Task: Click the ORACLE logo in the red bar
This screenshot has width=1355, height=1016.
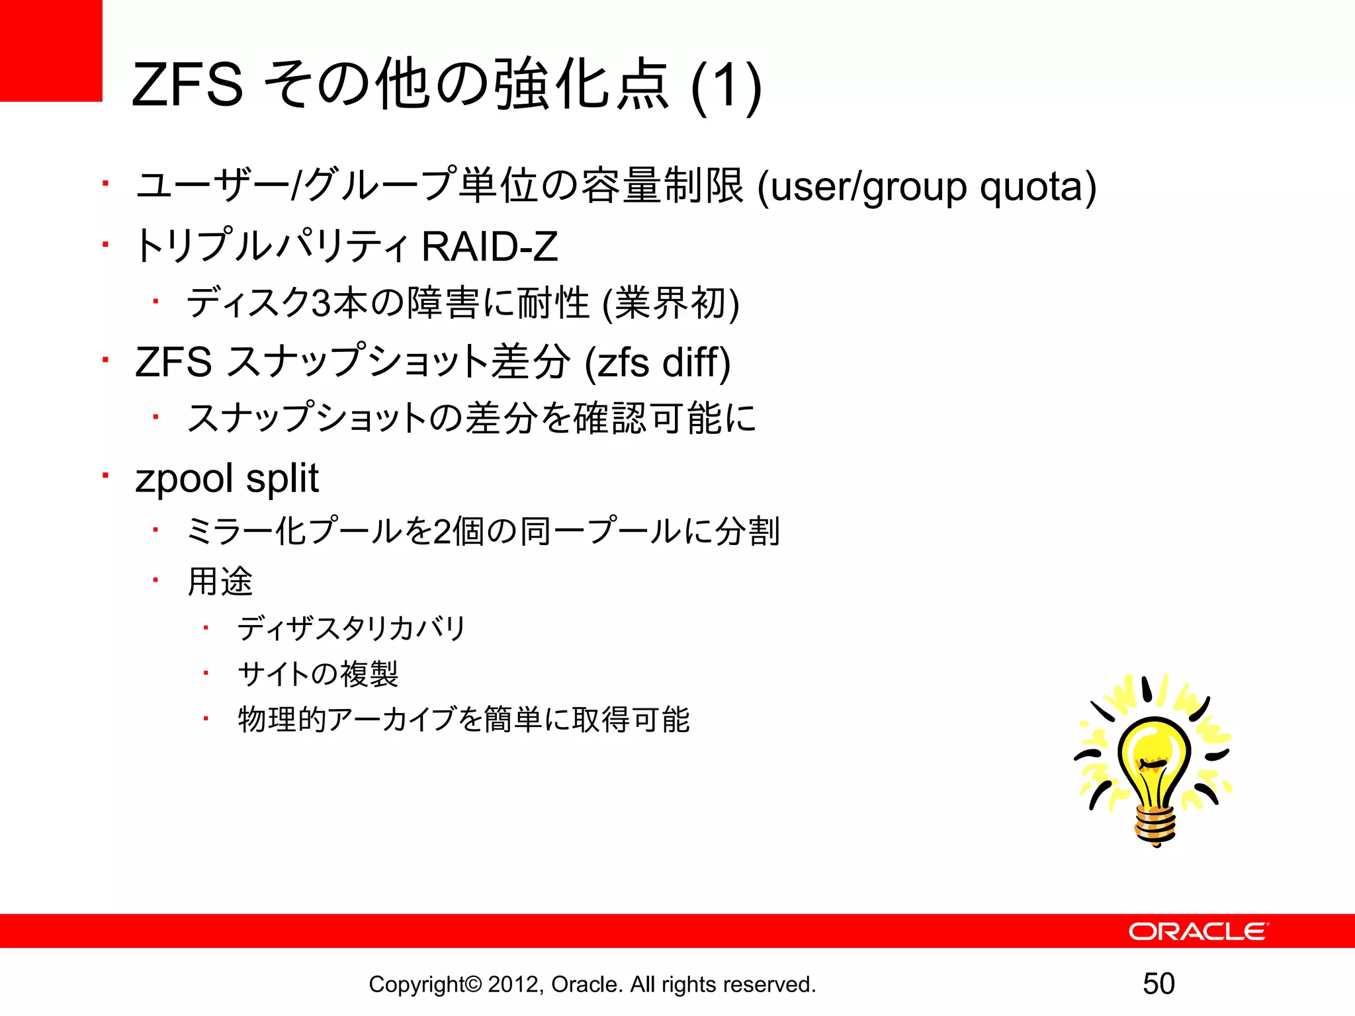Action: (x=1198, y=931)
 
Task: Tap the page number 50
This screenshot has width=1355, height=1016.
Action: (x=1158, y=984)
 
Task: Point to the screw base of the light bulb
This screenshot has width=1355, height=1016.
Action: (x=1156, y=824)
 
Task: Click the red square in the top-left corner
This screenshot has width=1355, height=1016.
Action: (x=50, y=50)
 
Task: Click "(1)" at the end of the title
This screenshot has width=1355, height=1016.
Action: (x=726, y=86)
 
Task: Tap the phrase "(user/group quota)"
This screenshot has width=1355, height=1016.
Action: (x=926, y=187)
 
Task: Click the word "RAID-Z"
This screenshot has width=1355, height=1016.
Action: (x=490, y=247)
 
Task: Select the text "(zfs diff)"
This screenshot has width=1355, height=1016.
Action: (x=658, y=362)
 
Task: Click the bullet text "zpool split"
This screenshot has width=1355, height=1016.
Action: (x=227, y=478)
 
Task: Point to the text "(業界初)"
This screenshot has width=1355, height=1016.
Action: (x=671, y=304)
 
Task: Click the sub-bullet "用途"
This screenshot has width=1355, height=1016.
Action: (x=220, y=581)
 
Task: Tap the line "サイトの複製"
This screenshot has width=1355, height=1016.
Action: (x=318, y=674)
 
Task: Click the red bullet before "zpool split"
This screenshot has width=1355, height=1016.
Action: (x=105, y=475)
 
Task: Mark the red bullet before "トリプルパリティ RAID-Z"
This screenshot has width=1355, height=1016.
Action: (x=105, y=244)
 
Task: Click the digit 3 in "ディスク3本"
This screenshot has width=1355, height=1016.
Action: (x=321, y=304)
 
